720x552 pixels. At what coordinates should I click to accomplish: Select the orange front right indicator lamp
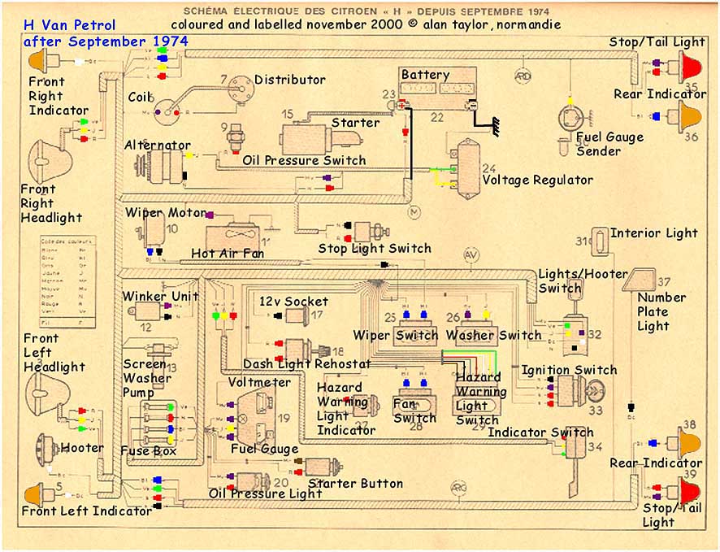(39, 60)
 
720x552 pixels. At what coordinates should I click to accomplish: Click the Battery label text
(425, 75)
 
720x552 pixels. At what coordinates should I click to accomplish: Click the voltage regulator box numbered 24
(469, 168)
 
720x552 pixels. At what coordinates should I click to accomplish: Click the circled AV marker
(471, 254)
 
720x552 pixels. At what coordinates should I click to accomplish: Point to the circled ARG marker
(458, 486)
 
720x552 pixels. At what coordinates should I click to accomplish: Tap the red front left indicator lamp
(36, 493)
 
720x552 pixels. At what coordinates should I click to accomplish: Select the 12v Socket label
(293, 301)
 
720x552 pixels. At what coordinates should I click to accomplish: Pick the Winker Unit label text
(160, 296)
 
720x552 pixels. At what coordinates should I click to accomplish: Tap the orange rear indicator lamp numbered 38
(691, 444)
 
